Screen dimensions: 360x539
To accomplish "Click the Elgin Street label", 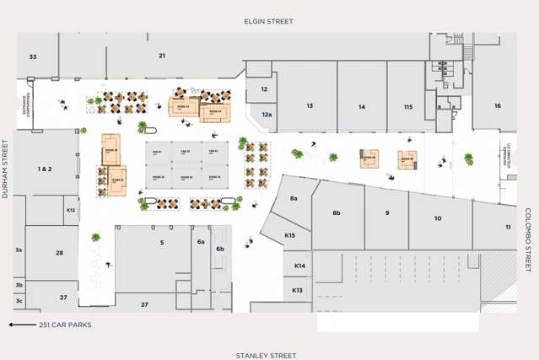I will pyautogui.click(x=268, y=21).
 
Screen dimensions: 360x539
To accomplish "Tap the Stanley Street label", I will pyautogui.click(x=266, y=356).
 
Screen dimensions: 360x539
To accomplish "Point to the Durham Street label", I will pyautogui.click(x=5, y=169).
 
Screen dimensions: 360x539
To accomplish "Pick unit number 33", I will pyautogui.click(x=33, y=56).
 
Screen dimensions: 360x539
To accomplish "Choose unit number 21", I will pyautogui.click(x=161, y=56).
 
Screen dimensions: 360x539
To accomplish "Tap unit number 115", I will pyautogui.click(x=408, y=107).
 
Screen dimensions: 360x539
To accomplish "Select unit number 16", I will pyautogui.click(x=498, y=105).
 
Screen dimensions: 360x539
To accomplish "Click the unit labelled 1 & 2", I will pyautogui.click(x=45, y=169).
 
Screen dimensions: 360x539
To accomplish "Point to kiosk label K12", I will pyautogui.click(x=71, y=210).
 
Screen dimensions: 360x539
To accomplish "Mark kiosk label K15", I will pyautogui.click(x=289, y=235).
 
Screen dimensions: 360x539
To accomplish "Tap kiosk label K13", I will pyautogui.click(x=297, y=290).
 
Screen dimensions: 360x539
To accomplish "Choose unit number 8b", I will pyautogui.click(x=337, y=212).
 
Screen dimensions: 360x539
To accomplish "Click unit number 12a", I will pyautogui.click(x=267, y=114).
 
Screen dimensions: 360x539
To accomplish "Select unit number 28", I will pyautogui.click(x=60, y=253).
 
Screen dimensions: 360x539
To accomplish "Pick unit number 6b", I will pyautogui.click(x=220, y=249).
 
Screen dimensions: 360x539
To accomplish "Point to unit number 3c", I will pyautogui.click(x=19, y=300).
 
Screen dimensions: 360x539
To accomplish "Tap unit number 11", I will pyautogui.click(x=508, y=228).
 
